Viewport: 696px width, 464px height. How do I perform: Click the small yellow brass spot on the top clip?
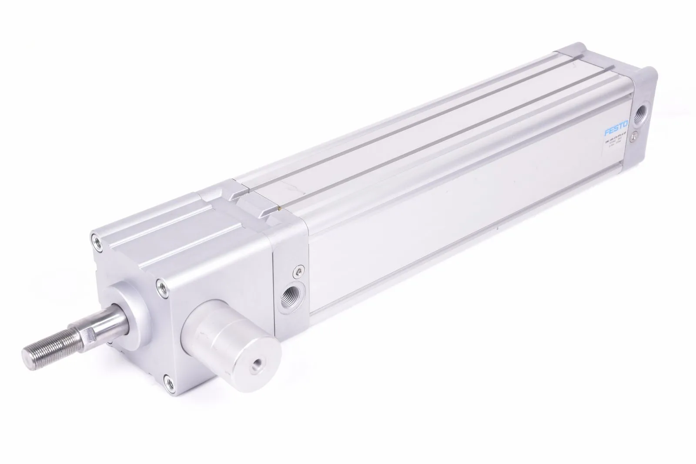tap(278, 209)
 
